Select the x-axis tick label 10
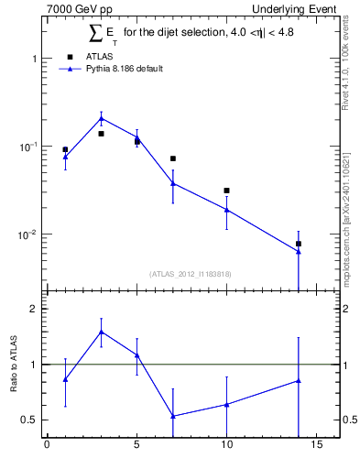pos(226,447)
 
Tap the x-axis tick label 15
pos(316,447)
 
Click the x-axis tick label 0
pos(47,447)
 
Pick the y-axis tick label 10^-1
pos(27,147)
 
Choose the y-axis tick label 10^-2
pos(27,234)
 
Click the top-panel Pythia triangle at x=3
pos(101,118)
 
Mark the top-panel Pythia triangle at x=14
pos(299,251)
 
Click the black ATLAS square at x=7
pos(173,158)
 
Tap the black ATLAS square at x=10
pos(226,191)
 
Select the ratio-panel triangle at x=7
pos(173,416)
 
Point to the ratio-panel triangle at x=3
pos(101,332)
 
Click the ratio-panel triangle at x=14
pos(299,380)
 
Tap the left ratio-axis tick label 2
pos(33,309)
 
